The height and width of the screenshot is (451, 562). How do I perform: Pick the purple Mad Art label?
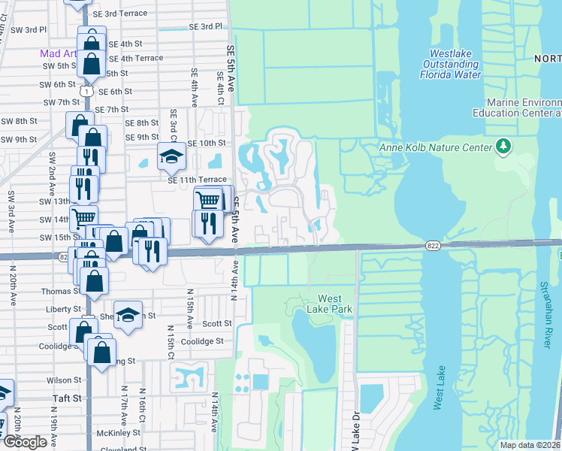point(56,53)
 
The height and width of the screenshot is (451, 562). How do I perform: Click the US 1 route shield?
point(89,90)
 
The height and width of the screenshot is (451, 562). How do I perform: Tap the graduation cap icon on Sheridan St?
point(128,315)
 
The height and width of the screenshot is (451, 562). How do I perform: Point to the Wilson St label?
point(66,380)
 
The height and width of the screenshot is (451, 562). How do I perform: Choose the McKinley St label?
point(119,433)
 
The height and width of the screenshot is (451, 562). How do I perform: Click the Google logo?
point(25,441)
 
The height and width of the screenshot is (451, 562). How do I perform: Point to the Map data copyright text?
point(530,445)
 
